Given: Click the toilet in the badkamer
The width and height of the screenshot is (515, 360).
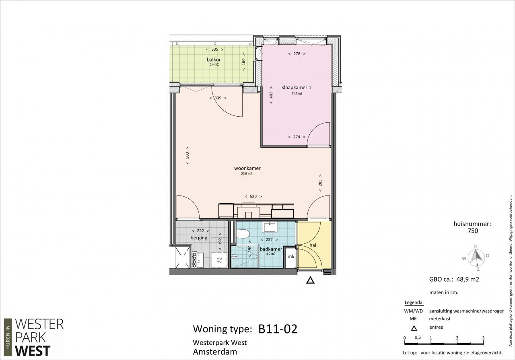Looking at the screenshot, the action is [243, 234].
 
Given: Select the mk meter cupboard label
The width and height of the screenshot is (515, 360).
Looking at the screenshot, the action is [291, 256].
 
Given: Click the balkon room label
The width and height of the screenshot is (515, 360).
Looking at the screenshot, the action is [214, 60].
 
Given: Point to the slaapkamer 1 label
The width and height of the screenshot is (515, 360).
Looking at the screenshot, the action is [297, 88].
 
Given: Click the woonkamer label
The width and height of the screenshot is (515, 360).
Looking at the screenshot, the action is [247, 168].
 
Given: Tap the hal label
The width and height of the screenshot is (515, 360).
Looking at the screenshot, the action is [313, 245].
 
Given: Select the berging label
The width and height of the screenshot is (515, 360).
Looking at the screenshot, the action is [199, 238].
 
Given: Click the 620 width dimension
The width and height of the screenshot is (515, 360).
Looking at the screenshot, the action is [253, 196].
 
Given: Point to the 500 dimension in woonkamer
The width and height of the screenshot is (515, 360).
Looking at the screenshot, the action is [187, 155].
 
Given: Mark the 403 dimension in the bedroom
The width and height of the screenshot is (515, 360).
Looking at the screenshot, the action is [271, 95].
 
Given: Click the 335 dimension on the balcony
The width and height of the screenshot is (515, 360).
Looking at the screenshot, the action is [215, 49].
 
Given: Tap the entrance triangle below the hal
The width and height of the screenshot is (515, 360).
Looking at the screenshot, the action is [310, 280].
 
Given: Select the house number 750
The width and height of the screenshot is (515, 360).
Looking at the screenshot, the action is [473, 231].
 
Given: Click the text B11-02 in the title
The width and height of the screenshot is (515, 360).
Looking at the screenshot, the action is [278, 329].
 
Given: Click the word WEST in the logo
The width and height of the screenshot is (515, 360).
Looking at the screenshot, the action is [33, 351].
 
